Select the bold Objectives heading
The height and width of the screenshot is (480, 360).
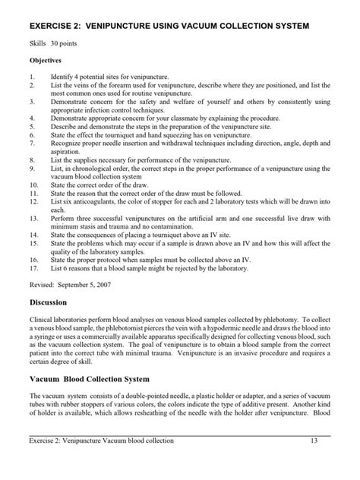pos(46,61)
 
